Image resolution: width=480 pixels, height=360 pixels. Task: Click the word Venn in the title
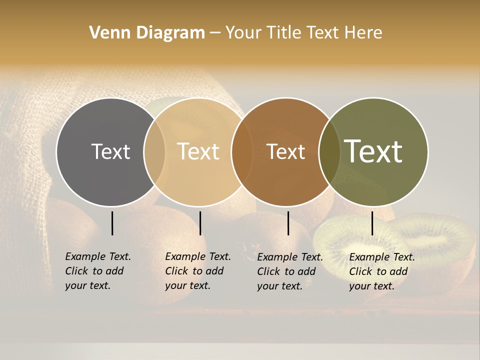[105, 33]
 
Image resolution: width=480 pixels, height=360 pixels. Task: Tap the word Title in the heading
[284, 33]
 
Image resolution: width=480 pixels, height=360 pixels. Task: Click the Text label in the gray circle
[110, 151]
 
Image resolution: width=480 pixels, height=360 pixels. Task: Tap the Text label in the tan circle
[198, 151]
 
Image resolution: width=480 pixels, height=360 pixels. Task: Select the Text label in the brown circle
[286, 151]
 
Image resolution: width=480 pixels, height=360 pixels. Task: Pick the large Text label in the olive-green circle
[373, 151]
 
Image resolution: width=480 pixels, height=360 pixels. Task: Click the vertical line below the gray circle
[112, 223]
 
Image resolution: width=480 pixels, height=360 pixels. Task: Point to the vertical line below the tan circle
[200, 223]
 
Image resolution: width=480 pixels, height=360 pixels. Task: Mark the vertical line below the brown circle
[288, 223]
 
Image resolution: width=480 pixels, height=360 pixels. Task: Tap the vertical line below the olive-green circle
[372, 223]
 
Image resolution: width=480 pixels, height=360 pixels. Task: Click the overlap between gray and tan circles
[154, 151]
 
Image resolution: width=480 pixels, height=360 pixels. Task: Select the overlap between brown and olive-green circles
[327, 151]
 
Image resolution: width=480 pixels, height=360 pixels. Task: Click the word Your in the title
[244, 33]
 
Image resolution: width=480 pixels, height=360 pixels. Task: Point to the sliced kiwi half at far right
[440, 240]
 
